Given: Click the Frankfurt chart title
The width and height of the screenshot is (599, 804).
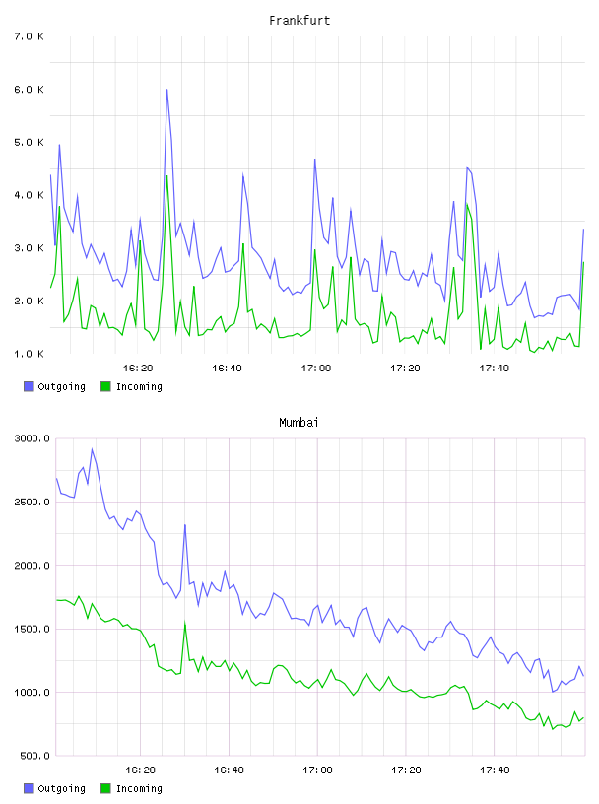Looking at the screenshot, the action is [299, 21].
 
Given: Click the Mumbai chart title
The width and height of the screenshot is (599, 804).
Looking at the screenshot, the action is [299, 423].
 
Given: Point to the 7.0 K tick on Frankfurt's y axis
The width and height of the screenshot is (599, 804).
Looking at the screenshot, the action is [30, 36].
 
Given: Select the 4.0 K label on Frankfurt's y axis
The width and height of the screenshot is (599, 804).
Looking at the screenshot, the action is [30, 195].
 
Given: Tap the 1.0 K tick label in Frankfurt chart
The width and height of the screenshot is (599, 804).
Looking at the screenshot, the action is [30, 354].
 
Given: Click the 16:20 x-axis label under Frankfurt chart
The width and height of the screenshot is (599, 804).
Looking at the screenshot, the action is [138, 368].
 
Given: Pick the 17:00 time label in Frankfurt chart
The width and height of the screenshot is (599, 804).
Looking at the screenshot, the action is [316, 368].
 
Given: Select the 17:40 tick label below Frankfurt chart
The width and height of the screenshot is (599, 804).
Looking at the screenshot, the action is [495, 368].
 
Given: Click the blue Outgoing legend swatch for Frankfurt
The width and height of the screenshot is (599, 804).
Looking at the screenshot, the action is [29, 386].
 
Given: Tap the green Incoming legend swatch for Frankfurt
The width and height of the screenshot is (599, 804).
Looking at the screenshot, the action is [105, 386].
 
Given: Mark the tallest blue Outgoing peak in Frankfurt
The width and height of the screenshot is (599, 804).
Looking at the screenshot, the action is [167, 90].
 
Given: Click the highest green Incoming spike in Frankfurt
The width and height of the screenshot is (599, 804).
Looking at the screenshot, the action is [167, 176].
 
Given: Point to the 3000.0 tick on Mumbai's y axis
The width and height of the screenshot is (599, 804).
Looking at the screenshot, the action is [33, 438].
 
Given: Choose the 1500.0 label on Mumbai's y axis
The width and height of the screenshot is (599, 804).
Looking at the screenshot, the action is [33, 629].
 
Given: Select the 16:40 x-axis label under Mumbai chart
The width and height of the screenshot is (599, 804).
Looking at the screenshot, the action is [229, 770].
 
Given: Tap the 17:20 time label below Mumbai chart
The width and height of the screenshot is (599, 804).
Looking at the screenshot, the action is [406, 770].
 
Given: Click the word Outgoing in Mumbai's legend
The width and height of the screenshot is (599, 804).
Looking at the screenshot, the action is [61, 788].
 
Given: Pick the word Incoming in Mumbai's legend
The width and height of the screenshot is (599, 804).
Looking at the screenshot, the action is [139, 788].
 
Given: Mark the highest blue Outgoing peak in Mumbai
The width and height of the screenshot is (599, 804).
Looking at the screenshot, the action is [93, 449].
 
